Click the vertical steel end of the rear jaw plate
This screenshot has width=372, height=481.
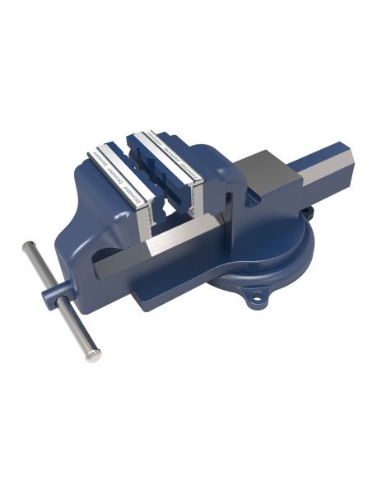tap(198, 198)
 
